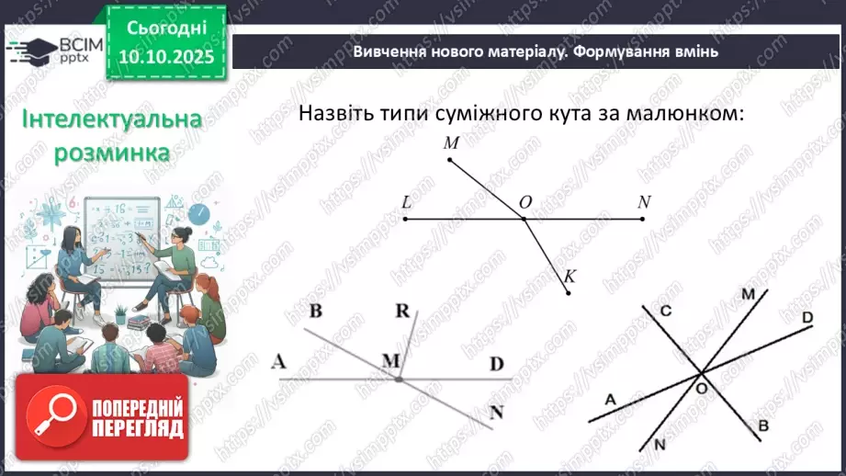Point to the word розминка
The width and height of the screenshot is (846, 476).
tap(112, 152)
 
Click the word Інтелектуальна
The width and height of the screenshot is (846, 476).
tap(112, 119)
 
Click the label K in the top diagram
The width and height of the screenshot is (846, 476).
tap(570, 276)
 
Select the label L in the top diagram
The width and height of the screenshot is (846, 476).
tap(406, 202)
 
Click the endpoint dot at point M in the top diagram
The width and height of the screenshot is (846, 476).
tap(449, 160)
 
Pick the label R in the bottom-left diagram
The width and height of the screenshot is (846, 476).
tap(401, 312)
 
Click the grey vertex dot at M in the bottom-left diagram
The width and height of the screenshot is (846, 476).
tap(399, 378)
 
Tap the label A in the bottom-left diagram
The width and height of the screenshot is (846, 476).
tap(278, 362)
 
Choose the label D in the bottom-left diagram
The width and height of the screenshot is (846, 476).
tap(497, 364)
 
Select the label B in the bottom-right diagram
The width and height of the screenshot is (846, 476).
tap(762, 426)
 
